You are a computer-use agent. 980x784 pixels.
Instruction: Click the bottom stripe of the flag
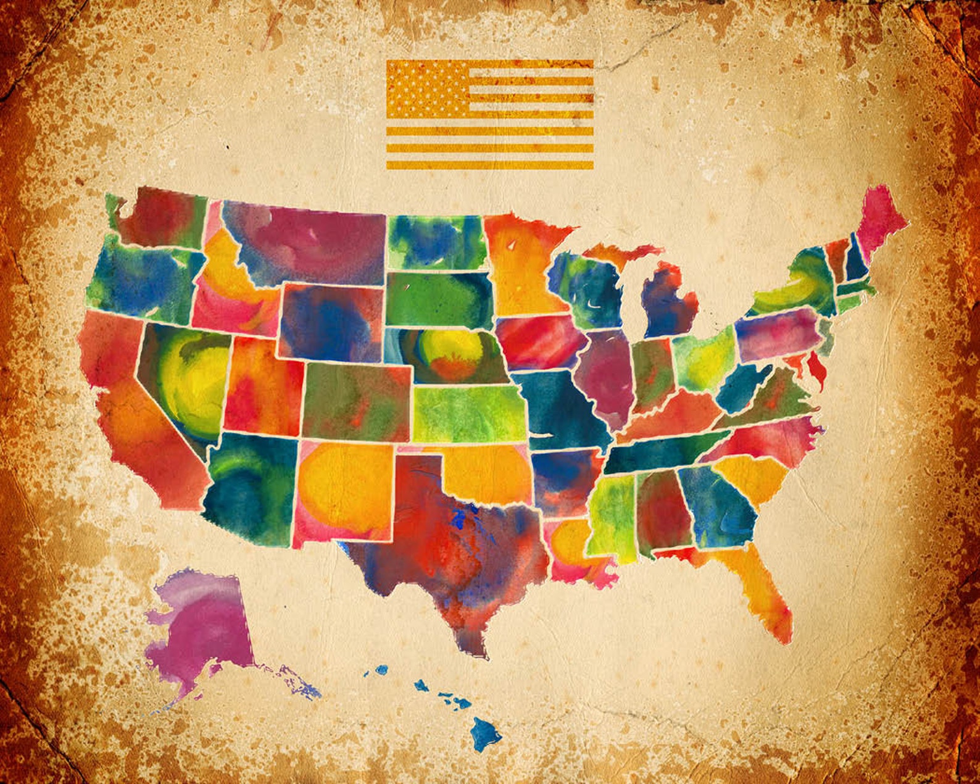[x=490, y=165]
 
